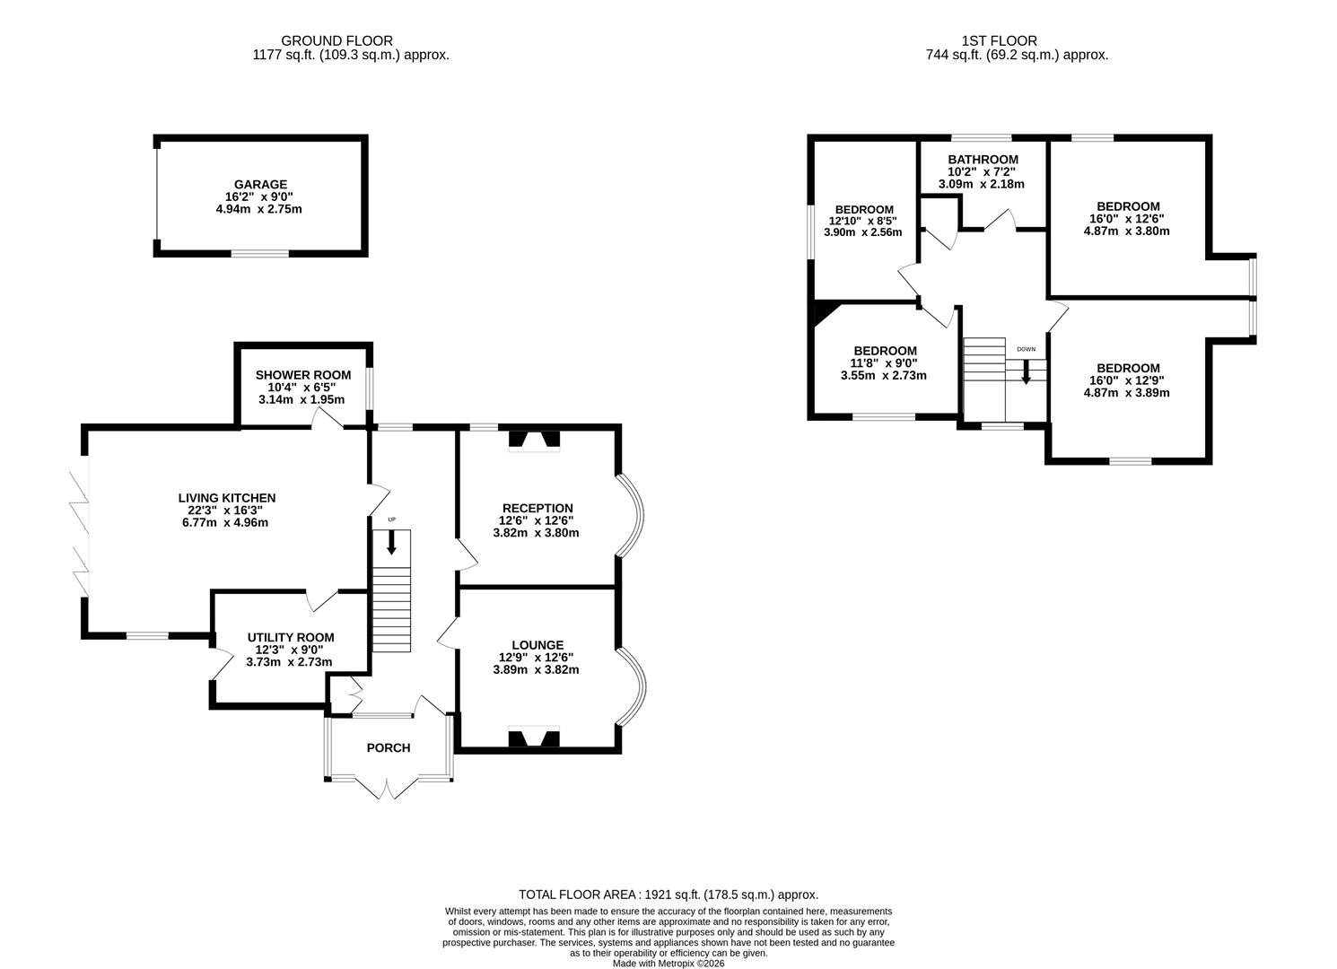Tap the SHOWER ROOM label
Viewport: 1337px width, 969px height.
302,375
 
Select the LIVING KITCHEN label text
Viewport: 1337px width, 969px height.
227,498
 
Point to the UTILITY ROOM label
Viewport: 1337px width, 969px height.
289,638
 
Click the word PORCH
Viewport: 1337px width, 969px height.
389,747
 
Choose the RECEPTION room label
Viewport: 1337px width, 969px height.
537,508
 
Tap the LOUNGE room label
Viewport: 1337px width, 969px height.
537,644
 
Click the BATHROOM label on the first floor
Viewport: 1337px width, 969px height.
983,160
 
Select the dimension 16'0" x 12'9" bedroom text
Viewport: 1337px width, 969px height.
1127,380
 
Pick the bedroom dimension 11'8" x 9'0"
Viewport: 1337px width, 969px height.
884,363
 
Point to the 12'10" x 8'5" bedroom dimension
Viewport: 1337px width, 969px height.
862,221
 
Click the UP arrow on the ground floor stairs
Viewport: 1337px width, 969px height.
391,542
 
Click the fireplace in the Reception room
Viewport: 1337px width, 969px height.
534,440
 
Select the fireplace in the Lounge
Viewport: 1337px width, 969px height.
534,738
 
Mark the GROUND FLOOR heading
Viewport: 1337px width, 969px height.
336,40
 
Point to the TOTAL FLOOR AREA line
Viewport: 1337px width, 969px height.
668,895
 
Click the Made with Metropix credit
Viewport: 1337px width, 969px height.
668,964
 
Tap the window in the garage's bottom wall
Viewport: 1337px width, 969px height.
260,254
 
